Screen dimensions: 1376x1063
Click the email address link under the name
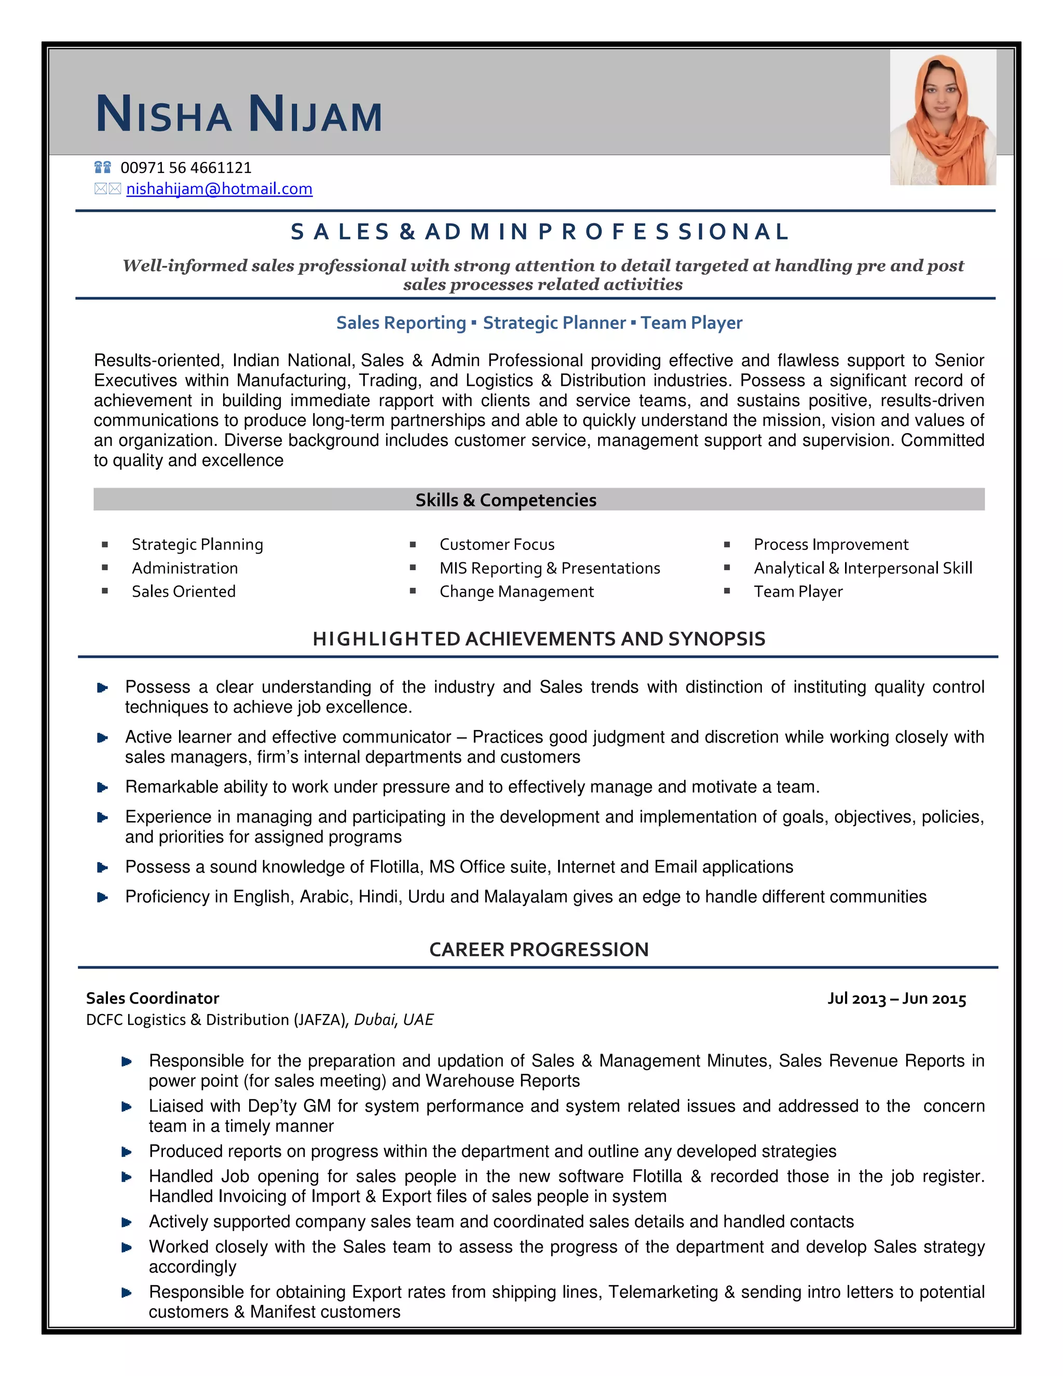219,189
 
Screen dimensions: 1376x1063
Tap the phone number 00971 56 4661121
186,168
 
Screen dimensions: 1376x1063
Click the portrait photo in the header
942,118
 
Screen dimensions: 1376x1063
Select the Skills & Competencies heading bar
506,500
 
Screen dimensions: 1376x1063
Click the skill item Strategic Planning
197,544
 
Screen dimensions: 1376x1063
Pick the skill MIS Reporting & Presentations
549,568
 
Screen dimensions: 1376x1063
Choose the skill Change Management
516,591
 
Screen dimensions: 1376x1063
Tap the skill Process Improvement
830,544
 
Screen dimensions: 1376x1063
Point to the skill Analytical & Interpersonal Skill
863,568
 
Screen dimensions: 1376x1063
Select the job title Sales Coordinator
153,998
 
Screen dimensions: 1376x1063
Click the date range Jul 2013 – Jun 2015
896,999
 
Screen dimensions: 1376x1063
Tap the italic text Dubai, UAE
393,1019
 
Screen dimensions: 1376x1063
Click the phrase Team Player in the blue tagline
691,322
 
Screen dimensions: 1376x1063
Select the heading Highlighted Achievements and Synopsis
538,639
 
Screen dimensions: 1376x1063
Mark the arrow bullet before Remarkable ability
103,788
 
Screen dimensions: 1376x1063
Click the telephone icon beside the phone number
102,168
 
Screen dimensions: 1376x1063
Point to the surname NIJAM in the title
315,115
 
